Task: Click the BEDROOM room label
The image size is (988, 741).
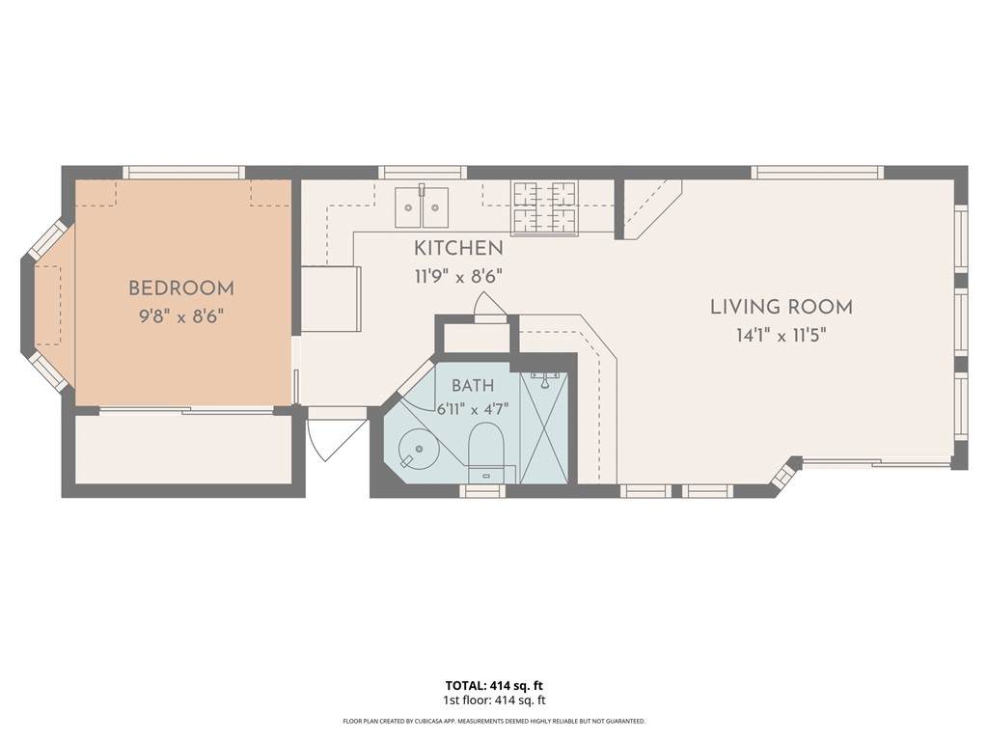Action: pos(181,288)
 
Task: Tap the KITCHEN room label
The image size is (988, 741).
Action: pos(458,248)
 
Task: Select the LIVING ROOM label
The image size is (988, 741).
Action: pos(782,308)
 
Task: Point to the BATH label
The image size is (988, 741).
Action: pos(473,386)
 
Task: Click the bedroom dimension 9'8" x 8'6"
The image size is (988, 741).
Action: pos(181,316)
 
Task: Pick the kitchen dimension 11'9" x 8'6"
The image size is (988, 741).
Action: pos(458,277)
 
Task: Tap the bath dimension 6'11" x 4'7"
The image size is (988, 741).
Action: pos(473,409)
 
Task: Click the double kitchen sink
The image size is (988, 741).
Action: pos(422,206)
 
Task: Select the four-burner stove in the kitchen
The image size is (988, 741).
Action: pos(545,208)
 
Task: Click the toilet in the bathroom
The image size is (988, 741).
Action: pos(485,453)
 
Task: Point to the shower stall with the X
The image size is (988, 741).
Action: pos(544,427)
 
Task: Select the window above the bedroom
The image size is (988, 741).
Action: pos(183,172)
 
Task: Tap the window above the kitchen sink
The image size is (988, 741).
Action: pos(423,172)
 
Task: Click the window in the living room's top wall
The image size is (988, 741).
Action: pos(817,172)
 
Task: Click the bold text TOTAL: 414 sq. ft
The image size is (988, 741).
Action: pos(494,686)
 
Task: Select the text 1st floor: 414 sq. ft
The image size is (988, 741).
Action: pos(494,700)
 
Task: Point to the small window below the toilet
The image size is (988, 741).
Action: pos(483,491)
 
